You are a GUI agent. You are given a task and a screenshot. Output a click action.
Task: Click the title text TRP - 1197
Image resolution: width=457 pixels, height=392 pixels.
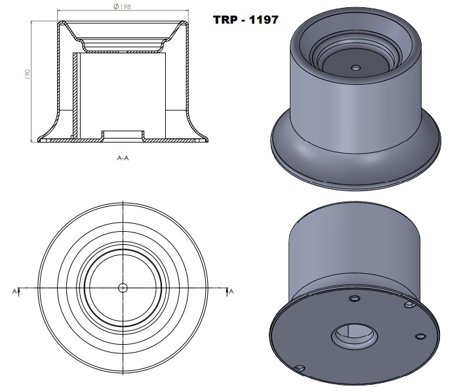[246, 20]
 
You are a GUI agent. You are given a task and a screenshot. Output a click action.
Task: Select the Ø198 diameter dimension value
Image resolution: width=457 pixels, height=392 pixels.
[123, 7]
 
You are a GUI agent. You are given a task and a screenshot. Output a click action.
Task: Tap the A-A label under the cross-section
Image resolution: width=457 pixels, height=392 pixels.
[122, 158]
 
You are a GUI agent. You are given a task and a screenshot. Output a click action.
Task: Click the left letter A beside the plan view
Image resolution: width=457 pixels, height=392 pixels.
[14, 290]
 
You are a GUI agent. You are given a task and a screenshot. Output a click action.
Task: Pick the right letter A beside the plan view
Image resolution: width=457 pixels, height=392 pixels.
[231, 290]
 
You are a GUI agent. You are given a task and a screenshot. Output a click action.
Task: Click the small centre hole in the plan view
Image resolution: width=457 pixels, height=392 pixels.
[123, 288]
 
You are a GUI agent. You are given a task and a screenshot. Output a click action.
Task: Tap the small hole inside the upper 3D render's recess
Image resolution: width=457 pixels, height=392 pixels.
[355, 68]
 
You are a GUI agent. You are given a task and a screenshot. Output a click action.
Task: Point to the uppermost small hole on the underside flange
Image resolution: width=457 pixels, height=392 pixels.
[355, 299]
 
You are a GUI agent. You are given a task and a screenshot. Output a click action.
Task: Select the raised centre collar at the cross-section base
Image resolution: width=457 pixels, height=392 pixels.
[123, 134]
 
